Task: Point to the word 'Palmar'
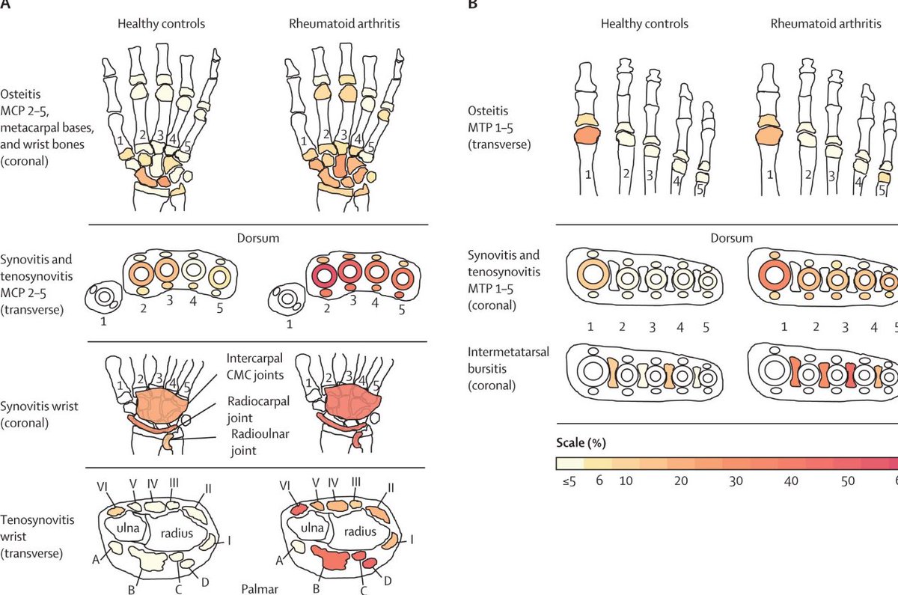coord(259,588)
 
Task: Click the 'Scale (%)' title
coord(581,442)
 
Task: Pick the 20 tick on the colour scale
coord(680,481)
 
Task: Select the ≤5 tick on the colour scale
coord(567,481)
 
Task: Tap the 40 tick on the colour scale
coord(792,481)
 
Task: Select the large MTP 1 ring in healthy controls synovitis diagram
coord(591,274)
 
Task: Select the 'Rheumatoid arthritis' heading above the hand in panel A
coord(344,24)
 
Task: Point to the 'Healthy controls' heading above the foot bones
coord(644,24)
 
